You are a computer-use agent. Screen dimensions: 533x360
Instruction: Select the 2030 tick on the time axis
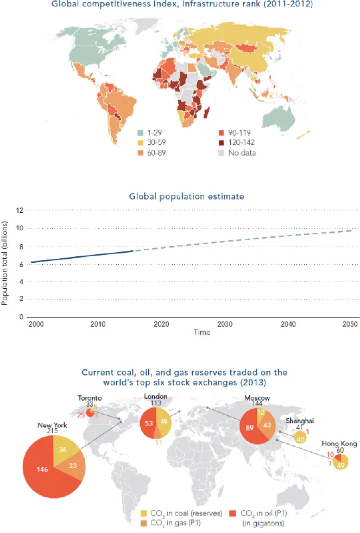pyautogui.click(x=224, y=324)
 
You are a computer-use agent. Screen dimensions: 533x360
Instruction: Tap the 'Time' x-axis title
pyautogui.click(x=201, y=332)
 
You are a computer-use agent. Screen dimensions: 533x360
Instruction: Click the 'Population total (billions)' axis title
pyautogui.click(x=5, y=262)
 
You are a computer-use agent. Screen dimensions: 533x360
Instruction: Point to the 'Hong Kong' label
pyautogui.click(x=339, y=443)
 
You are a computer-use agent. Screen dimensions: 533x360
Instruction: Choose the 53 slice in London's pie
pyautogui.click(x=147, y=423)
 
